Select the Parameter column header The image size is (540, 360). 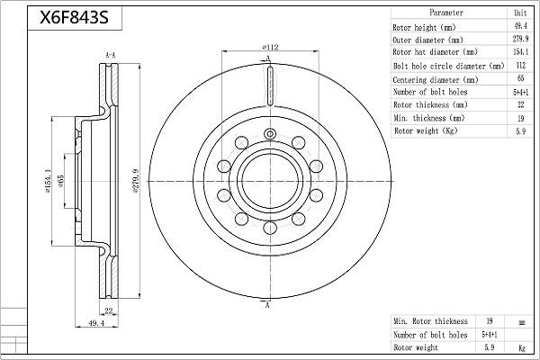(x=446, y=13)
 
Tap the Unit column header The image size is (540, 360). (x=519, y=13)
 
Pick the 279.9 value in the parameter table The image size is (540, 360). (x=519, y=40)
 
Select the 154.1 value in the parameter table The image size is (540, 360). (x=519, y=53)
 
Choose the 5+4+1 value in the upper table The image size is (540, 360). (x=519, y=92)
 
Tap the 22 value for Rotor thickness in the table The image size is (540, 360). (x=519, y=104)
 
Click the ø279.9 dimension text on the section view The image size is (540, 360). (x=136, y=180)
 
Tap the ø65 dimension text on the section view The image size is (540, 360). (x=61, y=180)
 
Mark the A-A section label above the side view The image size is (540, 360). (x=110, y=56)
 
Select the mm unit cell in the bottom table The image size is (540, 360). (x=521, y=321)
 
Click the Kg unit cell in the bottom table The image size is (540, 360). (x=521, y=346)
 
